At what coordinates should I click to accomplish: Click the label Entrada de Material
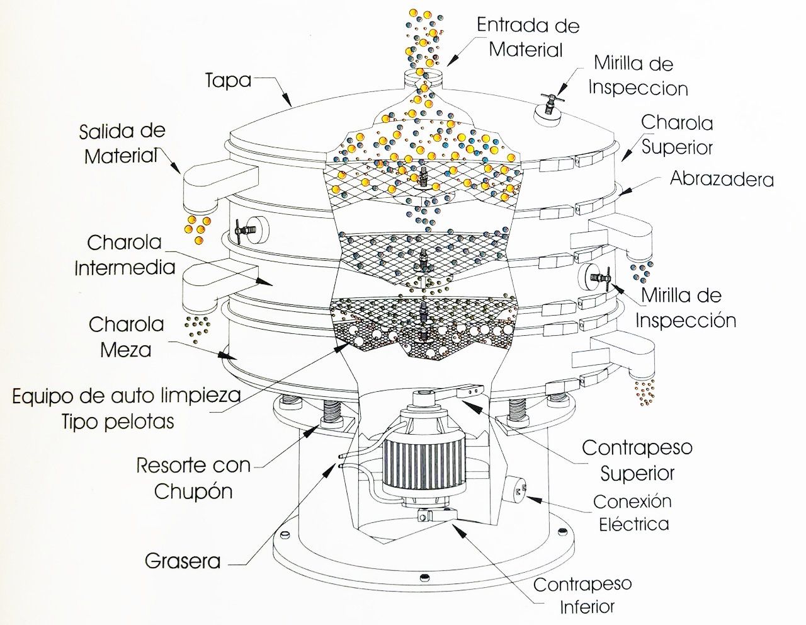pos(528,37)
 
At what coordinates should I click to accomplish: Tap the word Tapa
pos(228,81)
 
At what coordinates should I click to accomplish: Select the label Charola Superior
pos(677,134)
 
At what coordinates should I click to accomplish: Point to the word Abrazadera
pos(722,179)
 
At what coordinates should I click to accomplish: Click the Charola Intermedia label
pos(125,255)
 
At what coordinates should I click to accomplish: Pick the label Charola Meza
pos(126,337)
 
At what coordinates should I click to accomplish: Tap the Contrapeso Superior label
pos(637,460)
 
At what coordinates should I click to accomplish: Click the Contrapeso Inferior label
pos(582,595)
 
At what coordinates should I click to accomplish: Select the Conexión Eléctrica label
pos(633,512)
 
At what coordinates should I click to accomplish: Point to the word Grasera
pos(183,561)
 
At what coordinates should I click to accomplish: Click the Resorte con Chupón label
pos(193,478)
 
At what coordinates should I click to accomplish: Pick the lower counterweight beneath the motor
pos(434,515)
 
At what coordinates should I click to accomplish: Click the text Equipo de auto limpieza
pos(127,396)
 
